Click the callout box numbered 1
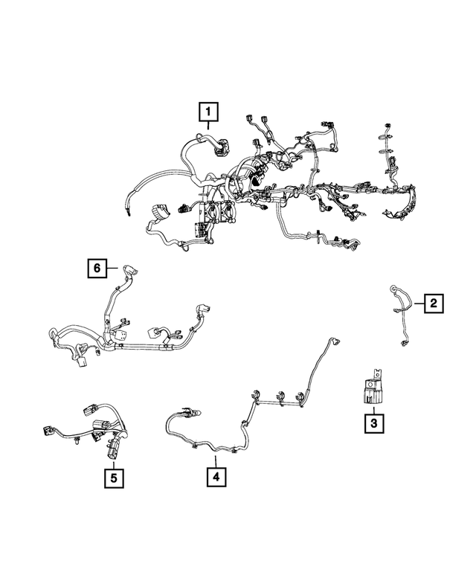point(208,112)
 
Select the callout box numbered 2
point(434,304)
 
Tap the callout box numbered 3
point(374,423)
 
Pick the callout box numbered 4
point(216,477)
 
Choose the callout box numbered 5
point(114,478)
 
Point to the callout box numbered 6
point(97,268)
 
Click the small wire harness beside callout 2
point(401,315)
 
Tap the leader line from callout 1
point(208,125)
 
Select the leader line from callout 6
point(112,268)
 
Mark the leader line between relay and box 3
point(373,411)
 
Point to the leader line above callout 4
point(216,461)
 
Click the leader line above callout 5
point(114,465)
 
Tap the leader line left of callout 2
point(419,304)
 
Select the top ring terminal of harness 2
point(393,288)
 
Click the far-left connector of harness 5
point(48,429)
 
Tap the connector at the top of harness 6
point(129,270)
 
